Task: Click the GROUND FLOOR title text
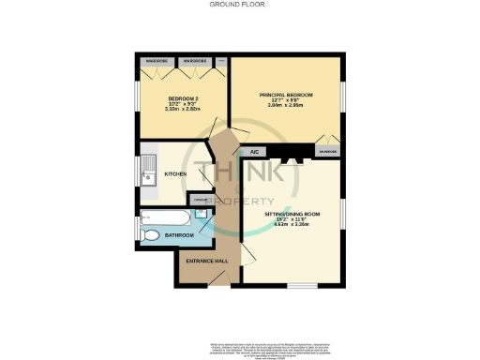[240, 5]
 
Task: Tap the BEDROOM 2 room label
[183, 98]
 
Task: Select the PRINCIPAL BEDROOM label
[285, 96]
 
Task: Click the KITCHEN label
[175, 174]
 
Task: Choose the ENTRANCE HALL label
[207, 260]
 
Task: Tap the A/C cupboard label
[253, 151]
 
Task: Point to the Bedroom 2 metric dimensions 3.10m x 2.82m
[183, 109]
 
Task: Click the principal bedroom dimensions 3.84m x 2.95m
[285, 106]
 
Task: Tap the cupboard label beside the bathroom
[200, 197]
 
